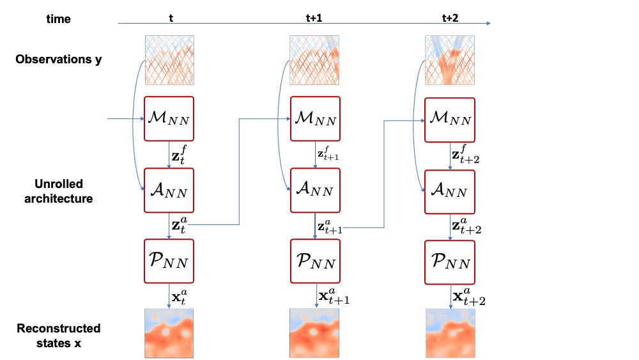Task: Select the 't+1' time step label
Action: point(313,19)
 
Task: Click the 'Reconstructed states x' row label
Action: point(58,334)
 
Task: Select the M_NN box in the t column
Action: point(169,118)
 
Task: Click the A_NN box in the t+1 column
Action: point(314,190)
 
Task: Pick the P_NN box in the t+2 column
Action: point(449,262)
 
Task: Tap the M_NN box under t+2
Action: point(449,118)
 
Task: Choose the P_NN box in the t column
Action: point(169,262)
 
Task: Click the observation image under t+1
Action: point(314,59)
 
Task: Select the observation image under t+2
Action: point(449,59)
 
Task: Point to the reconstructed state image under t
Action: point(169,333)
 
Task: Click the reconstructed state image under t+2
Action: point(449,333)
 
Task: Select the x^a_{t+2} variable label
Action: point(469,297)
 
